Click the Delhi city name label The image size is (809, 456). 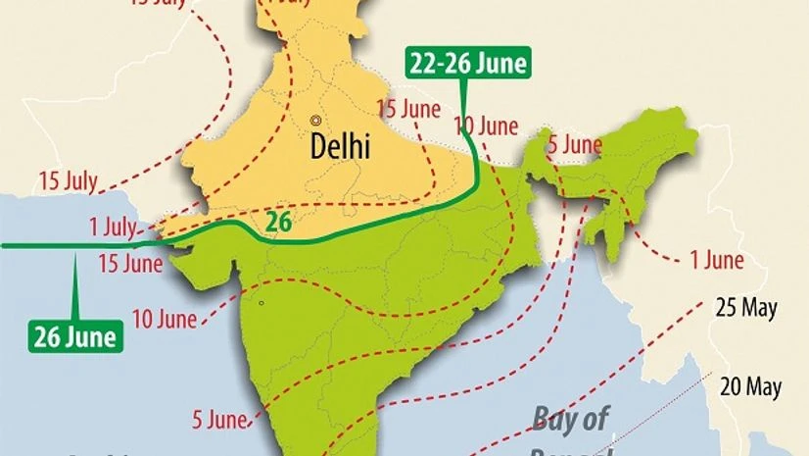coord(340,147)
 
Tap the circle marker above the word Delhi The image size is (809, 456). coord(315,120)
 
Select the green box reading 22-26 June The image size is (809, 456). coord(467,65)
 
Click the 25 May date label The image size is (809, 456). coord(746,308)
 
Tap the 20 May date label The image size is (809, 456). coord(750,386)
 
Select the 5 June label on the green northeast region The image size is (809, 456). coord(574,145)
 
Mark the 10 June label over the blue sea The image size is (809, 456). coord(164,319)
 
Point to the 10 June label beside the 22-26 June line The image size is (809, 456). coord(486,126)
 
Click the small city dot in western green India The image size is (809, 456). coord(261,303)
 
